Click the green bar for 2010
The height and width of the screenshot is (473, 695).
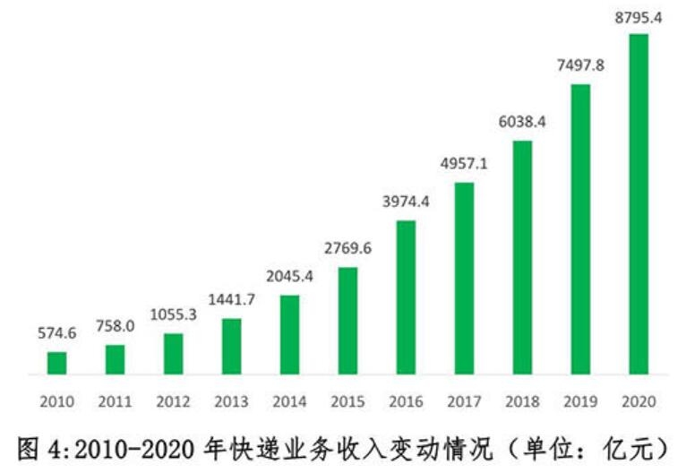point(57,363)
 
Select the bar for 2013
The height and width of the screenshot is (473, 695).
point(231,346)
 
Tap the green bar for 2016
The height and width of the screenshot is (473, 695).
point(406,297)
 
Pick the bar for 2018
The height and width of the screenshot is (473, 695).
point(522,257)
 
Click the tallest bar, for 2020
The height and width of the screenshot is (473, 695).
point(639,203)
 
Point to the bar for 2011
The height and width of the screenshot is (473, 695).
point(116,359)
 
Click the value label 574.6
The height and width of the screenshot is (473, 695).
point(57,333)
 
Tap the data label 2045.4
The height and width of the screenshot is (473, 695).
point(289,277)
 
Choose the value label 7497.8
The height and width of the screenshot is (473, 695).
point(580,65)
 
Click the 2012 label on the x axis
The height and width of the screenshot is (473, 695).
point(173,400)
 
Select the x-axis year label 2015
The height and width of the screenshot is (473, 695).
point(347,400)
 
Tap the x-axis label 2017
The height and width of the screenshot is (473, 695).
point(464,400)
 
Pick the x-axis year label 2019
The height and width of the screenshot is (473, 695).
point(580,400)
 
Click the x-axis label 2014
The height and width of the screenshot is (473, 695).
point(289,400)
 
